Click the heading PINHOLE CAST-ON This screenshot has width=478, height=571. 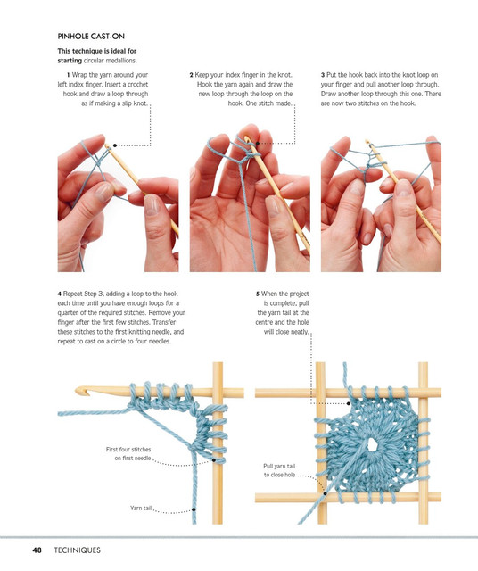click(91, 37)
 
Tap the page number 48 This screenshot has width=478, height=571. click(37, 550)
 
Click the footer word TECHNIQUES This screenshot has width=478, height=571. click(78, 550)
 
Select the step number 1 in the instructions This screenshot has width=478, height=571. click(68, 75)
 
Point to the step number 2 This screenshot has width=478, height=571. click(192, 75)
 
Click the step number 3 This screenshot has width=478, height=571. click(323, 75)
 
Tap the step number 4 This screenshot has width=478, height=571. click(60, 294)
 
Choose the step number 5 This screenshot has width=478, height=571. click(258, 294)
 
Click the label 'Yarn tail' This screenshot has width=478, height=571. click(141, 508)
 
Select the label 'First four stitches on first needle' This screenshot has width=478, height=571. click(128, 454)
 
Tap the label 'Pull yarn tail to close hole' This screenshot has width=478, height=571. click(279, 470)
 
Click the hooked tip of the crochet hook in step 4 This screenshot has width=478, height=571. click(79, 391)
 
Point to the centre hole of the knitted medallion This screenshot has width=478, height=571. click(372, 444)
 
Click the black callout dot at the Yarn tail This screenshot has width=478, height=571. click(194, 509)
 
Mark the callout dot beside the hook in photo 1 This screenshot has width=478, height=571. click(115, 145)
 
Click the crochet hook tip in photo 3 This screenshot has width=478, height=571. click(367, 141)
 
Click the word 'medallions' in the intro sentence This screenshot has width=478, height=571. click(121, 61)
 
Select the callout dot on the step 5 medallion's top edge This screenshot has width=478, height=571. click(349, 403)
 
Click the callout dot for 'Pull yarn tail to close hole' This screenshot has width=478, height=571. click(325, 493)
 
